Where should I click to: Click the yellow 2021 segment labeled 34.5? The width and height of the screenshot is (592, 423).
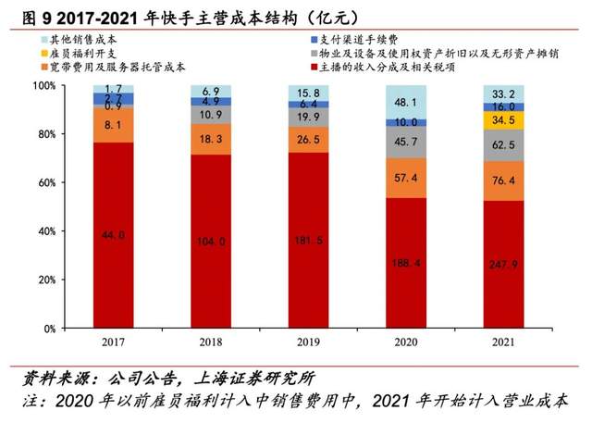(x=503, y=120)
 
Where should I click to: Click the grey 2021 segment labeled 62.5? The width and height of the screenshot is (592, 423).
(x=503, y=145)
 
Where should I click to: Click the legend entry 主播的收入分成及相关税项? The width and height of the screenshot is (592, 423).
(x=388, y=67)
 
